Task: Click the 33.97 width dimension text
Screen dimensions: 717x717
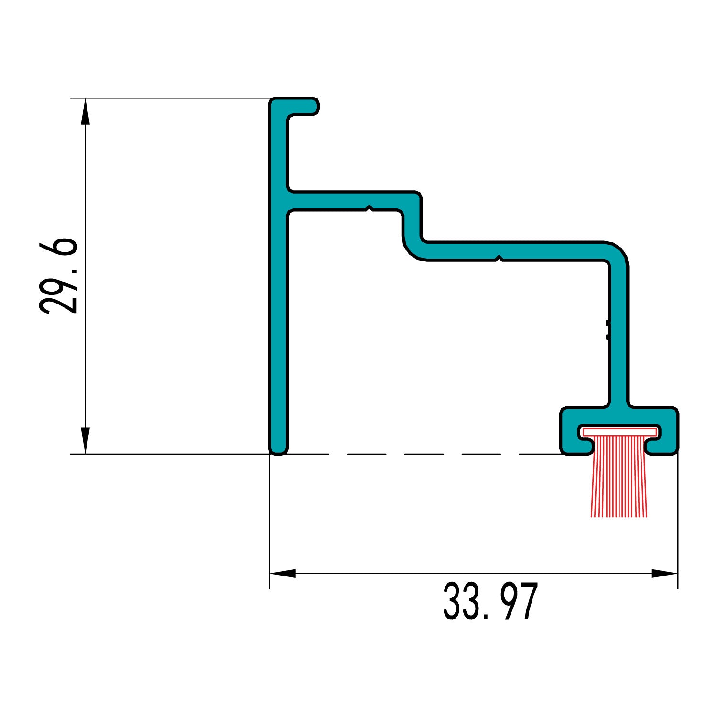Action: tap(490, 602)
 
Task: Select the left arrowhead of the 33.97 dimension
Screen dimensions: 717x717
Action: tap(282, 573)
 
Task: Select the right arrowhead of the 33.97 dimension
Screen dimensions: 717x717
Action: tap(665, 573)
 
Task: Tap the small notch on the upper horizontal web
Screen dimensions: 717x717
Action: tap(369, 208)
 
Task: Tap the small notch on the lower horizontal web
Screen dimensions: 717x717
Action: tap(499, 259)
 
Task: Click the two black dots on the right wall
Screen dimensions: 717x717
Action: tap(608, 330)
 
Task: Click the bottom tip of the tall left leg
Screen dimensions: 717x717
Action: tap(278, 449)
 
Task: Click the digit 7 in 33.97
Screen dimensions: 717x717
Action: tap(527, 602)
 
